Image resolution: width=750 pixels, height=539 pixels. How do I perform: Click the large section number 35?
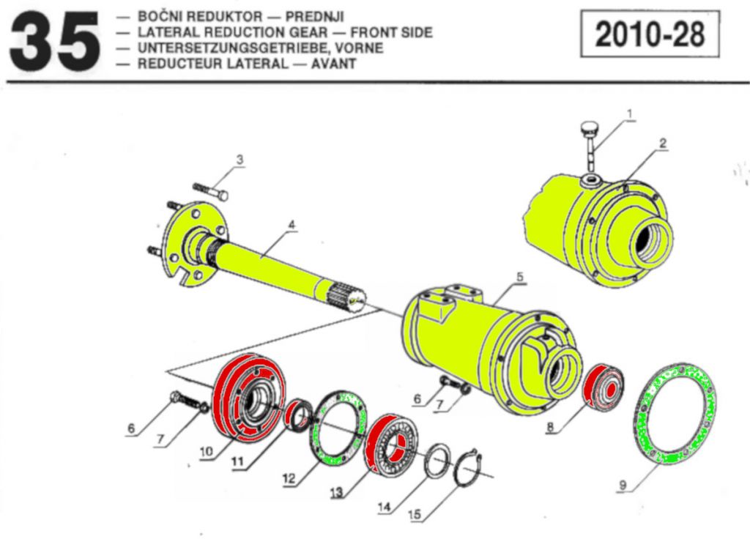point(55,43)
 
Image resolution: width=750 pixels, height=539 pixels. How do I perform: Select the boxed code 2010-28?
point(650,34)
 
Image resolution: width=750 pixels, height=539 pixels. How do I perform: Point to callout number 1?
point(628,114)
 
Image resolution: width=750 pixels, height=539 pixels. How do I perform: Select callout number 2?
point(662,143)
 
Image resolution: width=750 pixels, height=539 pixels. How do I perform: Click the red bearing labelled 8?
point(604,387)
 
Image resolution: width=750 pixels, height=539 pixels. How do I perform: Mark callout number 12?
point(289,480)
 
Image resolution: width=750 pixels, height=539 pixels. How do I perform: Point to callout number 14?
point(385,507)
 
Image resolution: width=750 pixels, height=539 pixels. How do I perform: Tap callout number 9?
point(623,484)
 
